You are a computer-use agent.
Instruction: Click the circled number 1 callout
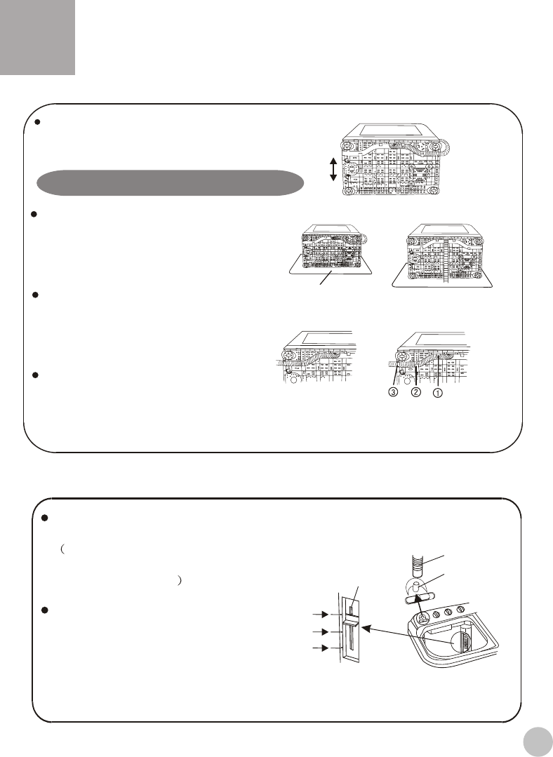(437, 394)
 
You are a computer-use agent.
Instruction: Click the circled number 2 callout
(416, 392)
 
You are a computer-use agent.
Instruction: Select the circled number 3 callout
(394, 392)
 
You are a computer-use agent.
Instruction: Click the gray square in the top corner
(37, 37)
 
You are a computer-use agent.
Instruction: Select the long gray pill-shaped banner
(171, 183)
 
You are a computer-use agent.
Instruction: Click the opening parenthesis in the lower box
(63, 549)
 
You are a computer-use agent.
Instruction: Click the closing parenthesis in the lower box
(179, 581)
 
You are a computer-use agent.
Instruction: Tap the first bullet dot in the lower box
(44, 518)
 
